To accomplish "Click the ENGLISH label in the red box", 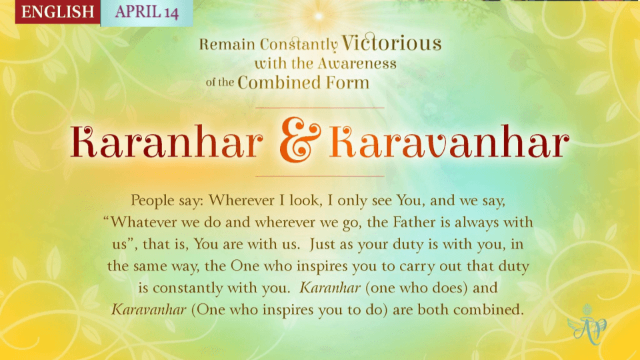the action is [57, 11].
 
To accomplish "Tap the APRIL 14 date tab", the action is [147, 12].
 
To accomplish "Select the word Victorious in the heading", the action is [391, 43].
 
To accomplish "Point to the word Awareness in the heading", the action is [357, 63].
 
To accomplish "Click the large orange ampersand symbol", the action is [300, 139].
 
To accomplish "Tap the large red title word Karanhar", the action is [167, 141].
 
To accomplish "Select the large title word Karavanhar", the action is [449, 141].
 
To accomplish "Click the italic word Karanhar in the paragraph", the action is [330, 288].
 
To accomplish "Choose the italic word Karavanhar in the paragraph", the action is [149, 309].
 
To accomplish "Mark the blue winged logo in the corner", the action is [587, 324].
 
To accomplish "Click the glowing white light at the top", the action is [319, 16].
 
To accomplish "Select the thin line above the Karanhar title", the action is [319, 108].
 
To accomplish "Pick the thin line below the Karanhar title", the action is [319, 176].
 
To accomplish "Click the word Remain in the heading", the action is [227, 44].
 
